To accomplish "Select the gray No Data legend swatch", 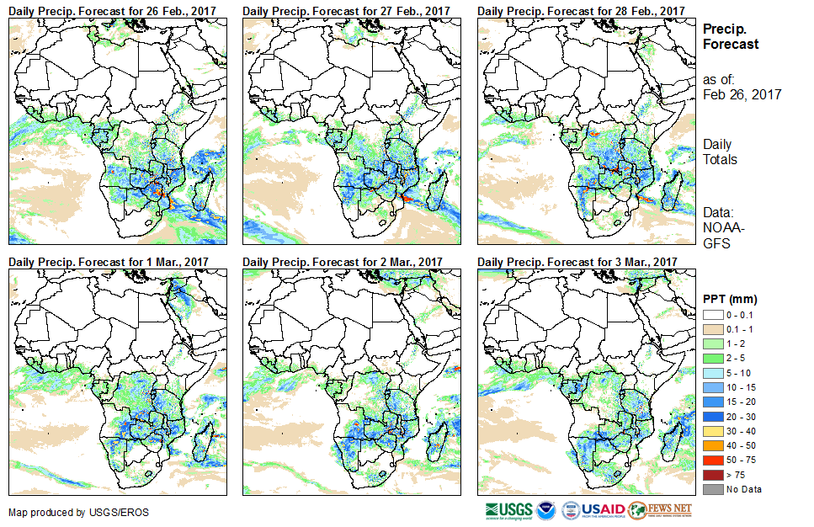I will pyautogui.click(x=712, y=489).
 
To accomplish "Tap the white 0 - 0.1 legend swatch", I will pyautogui.click(x=712, y=314).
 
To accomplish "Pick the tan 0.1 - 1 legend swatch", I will pyautogui.click(x=712, y=327).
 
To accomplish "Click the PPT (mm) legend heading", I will pyautogui.click(x=729, y=299).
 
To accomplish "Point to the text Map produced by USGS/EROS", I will pyautogui.click(x=67, y=512).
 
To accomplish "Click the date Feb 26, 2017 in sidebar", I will pyautogui.click(x=742, y=95).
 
